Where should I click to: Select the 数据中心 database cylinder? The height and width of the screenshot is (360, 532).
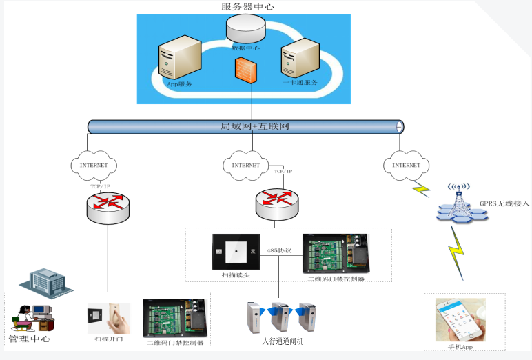point(246,30)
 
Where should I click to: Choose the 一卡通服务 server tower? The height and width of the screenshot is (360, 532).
point(300,59)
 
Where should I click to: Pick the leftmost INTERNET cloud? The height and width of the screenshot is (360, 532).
point(94,166)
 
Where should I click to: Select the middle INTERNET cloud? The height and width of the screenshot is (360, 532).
point(245,165)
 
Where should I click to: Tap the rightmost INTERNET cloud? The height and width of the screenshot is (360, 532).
point(405,165)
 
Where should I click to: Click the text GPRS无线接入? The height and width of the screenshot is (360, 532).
point(504,203)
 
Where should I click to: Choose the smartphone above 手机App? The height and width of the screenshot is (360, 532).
point(460,319)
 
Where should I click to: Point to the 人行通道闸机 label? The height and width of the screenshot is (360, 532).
point(283,341)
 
